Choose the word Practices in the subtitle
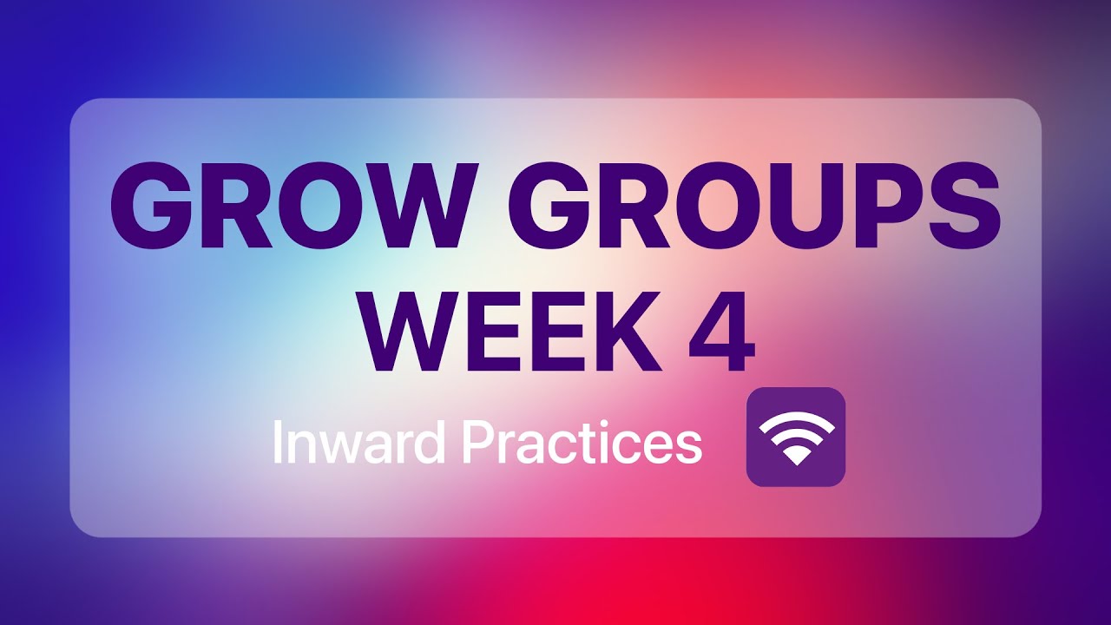(x=581, y=443)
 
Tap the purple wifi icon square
(x=796, y=437)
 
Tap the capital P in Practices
(x=477, y=443)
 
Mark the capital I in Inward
(x=279, y=443)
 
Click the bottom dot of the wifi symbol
(x=796, y=457)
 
